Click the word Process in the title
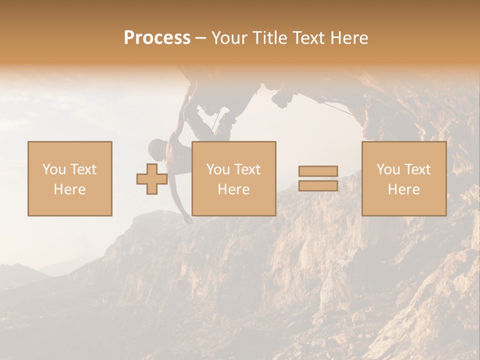pyautogui.click(x=157, y=38)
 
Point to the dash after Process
pyautogui.click(x=200, y=38)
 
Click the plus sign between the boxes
pyautogui.click(x=152, y=178)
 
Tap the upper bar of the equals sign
pyautogui.click(x=318, y=171)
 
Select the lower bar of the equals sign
pyautogui.click(x=318, y=185)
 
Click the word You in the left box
pyautogui.click(x=54, y=169)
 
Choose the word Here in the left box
pyautogui.click(x=69, y=189)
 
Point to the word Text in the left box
pyautogui.click(x=82, y=169)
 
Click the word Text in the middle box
pyautogui.click(x=247, y=169)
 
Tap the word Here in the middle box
pyautogui.click(x=233, y=189)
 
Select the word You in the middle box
pyautogui.click(x=218, y=169)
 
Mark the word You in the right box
pyautogui.click(x=388, y=169)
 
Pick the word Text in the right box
pyautogui.click(x=417, y=169)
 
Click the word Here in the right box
pyautogui.click(x=403, y=189)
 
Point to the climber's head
pyautogui.click(x=157, y=147)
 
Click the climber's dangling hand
pyautogui.click(x=187, y=219)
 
